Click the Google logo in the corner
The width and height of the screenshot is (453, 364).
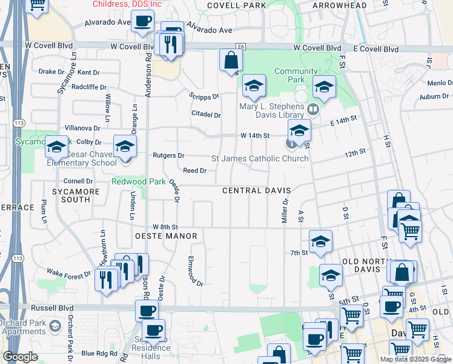click(x=20, y=357)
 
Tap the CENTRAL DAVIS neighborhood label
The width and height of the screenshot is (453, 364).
click(x=257, y=190)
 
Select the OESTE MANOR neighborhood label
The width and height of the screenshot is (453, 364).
click(x=162, y=236)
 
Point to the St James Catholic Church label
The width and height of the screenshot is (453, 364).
click(x=259, y=159)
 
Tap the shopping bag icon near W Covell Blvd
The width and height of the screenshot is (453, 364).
click(x=231, y=60)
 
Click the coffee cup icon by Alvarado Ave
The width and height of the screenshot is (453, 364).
click(x=143, y=22)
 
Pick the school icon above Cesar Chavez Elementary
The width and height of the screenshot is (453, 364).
click(x=125, y=146)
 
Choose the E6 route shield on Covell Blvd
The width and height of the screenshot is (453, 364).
click(x=241, y=46)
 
